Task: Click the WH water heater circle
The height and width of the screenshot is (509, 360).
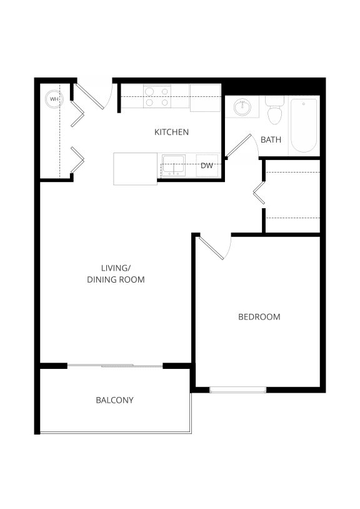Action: (x=54, y=99)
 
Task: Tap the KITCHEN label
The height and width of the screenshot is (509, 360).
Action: (x=171, y=133)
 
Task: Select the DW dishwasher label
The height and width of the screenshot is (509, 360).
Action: (x=207, y=166)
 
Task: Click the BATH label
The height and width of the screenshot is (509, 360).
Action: (x=271, y=139)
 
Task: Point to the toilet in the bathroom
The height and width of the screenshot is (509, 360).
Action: (x=274, y=112)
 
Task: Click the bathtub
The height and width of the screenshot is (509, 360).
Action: (x=304, y=124)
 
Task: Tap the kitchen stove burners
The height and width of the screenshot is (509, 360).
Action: (x=157, y=97)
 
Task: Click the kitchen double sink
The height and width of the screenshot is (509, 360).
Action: (x=172, y=165)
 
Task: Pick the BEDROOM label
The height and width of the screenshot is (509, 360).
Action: (x=259, y=317)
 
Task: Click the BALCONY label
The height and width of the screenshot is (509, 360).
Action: (x=114, y=400)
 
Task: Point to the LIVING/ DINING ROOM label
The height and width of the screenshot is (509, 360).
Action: (x=116, y=274)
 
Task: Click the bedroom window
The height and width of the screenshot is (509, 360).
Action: (x=237, y=390)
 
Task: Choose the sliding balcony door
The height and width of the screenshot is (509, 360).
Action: (x=115, y=365)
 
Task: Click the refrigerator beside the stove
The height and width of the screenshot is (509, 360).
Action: (x=205, y=98)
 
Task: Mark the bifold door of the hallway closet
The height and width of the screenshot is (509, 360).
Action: (x=258, y=193)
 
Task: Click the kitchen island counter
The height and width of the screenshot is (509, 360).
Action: (x=135, y=169)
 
